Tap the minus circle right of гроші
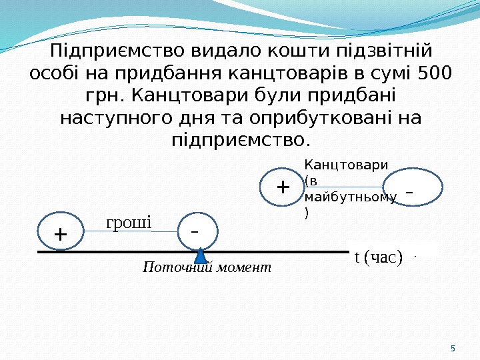pyautogui.click(x=196, y=231)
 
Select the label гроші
pyautogui.click(x=129, y=221)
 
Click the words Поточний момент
pyautogui.click(x=207, y=267)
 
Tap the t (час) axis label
pyautogui.click(x=378, y=257)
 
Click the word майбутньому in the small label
pyautogui.click(x=350, y=198)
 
